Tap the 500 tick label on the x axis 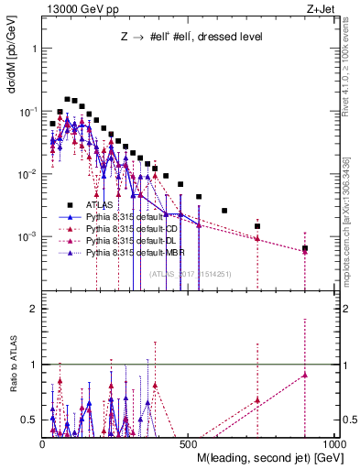(188, 444)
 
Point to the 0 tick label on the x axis (43, 444)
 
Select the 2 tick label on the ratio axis (32, 309)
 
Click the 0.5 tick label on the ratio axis (28, 420)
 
